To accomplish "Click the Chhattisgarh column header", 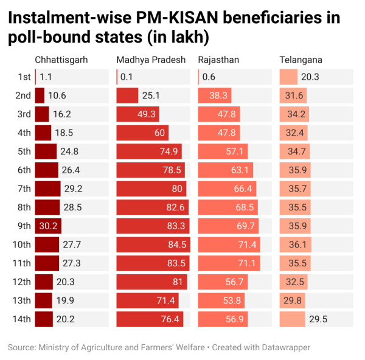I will [x=61, y=60].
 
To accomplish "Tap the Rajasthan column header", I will [x=219, y=60].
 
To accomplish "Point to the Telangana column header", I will [x=301, y=60].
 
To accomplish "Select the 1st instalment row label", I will [x=24, y=77].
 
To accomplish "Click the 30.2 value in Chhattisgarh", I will [x=47, y=226].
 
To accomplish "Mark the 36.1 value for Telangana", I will [x=295, y=245].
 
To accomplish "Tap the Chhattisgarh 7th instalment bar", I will [x=47, y=189].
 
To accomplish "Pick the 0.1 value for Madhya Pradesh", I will [x=127, y=77].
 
